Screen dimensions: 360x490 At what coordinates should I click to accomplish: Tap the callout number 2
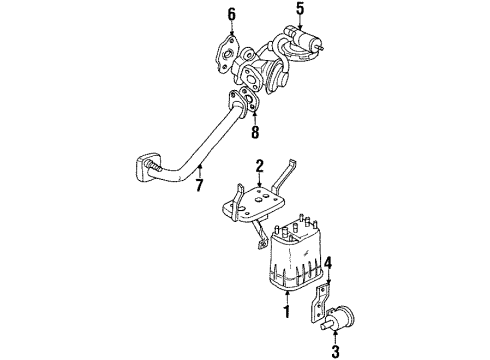click(258, 166)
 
